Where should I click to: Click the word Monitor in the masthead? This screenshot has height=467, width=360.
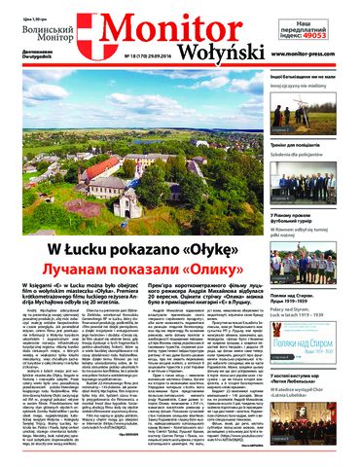(170, 28)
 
